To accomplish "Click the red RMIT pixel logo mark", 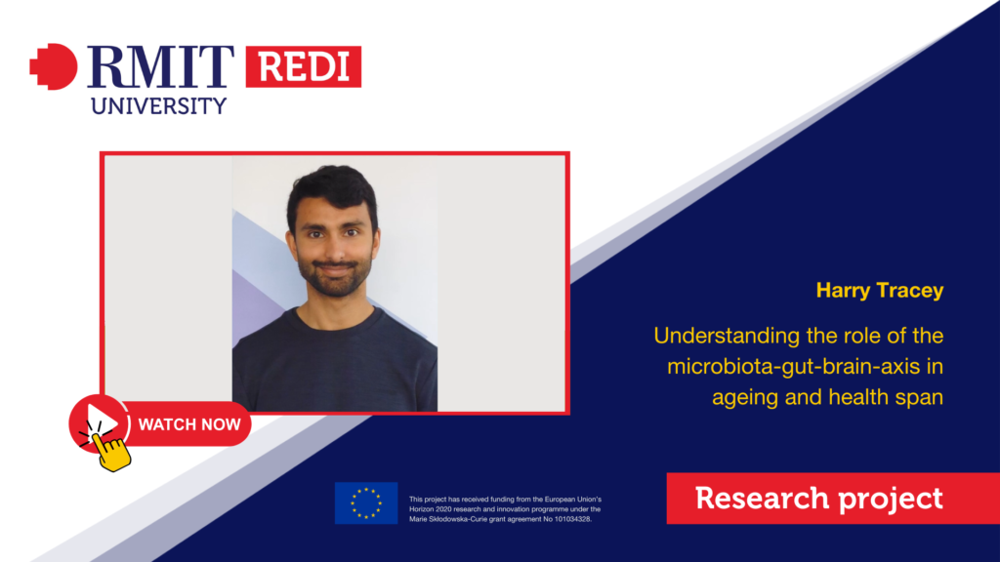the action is pyautogui.click(x=54, y=66).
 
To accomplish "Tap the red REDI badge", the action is pyautogui.click(x=304, y=66).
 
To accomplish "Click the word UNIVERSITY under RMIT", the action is pyautogui.click(x=159, y=105).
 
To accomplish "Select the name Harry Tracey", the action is pyautogui.click(x=880, y=291).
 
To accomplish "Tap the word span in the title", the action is pyautogui.click(x=918, y=398).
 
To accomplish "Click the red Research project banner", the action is pyautogui.click(x=833, y=499).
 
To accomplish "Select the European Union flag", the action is pyautogui.click(x=366, y=502).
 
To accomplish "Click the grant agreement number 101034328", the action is pyautogui.click(x=570, y=519).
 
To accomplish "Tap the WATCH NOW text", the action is pyautogui.click(x=189, y=424).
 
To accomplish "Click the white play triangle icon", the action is pyautogui.click(x=103, y=421).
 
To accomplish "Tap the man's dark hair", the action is pyautogui.click(x=332, y=190).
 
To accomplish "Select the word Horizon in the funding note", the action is pyautogui.click(x=422, y=509).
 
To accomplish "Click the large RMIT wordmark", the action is pyautogui.click(x=161, y=66).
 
